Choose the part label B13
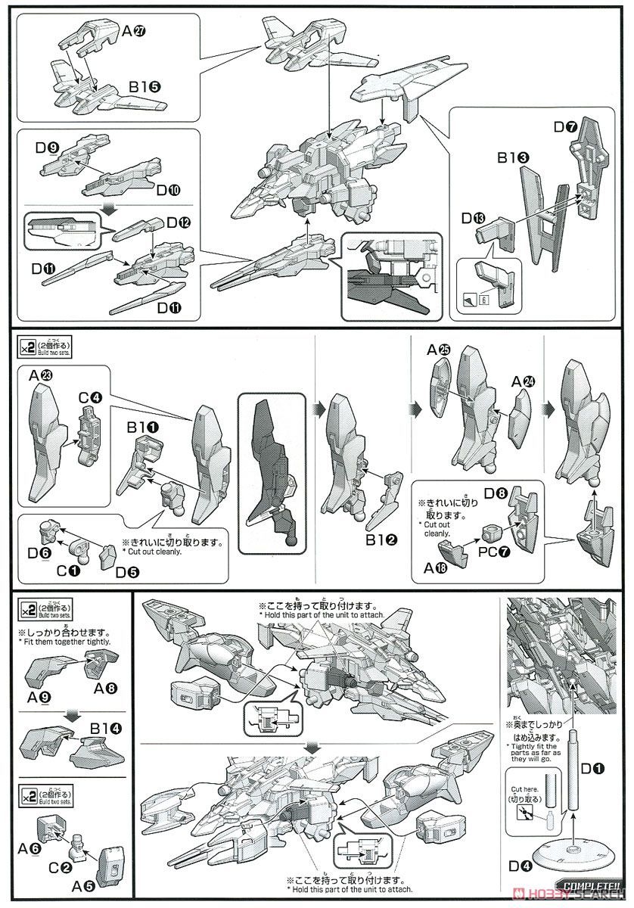(x=512, y=159)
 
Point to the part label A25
(x=438, y=350)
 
